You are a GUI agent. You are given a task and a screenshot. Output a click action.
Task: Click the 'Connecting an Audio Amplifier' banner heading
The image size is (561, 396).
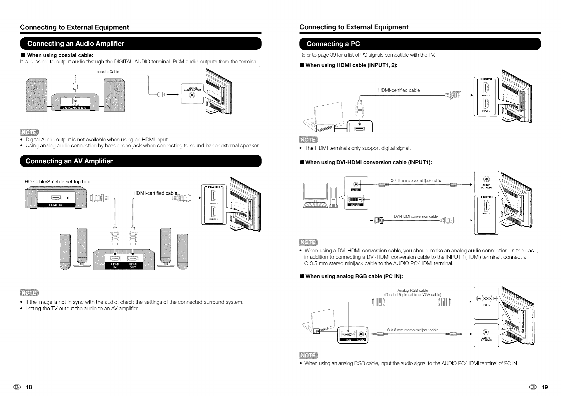pos(76,44)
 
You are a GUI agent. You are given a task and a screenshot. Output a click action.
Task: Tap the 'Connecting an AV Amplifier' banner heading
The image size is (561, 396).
pos(69,161)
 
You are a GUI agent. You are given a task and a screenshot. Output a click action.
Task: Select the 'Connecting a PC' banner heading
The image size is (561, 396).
pos(333,44)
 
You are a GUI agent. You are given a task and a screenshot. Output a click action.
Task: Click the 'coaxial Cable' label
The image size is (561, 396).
pos(108,72)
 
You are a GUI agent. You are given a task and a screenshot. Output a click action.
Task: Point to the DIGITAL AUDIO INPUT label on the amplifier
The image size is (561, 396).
pos(75,108)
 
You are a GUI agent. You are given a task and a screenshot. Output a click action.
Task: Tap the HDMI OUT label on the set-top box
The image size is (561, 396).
pos(56,205)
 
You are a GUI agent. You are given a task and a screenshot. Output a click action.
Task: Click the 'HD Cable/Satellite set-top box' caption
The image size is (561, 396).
pos(57,182)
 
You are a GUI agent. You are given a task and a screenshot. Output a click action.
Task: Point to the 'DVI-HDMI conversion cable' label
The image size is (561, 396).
pos(416,216)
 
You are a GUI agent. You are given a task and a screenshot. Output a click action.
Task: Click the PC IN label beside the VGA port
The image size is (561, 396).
pos(486,305)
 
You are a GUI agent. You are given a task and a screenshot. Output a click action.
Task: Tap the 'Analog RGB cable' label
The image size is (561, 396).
pos(413,290)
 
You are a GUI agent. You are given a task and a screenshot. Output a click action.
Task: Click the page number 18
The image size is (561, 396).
pos(29,387)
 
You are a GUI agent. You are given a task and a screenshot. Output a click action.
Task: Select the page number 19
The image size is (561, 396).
pos(544,387)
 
